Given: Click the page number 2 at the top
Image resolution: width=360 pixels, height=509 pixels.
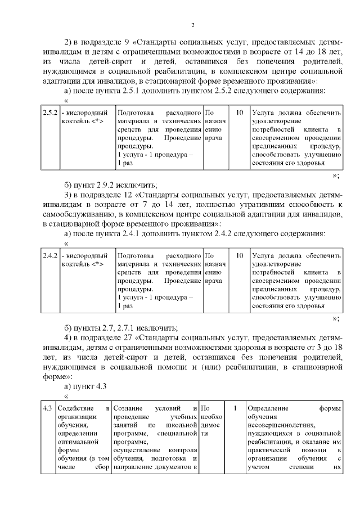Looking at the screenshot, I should tap(192, 25).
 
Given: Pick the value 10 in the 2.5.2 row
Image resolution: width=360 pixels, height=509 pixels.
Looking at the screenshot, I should tap(240, 113).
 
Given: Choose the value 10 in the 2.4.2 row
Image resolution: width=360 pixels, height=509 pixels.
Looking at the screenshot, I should tap(240, 256).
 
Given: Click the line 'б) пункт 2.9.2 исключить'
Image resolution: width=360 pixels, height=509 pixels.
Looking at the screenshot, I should tap(110, 185).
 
